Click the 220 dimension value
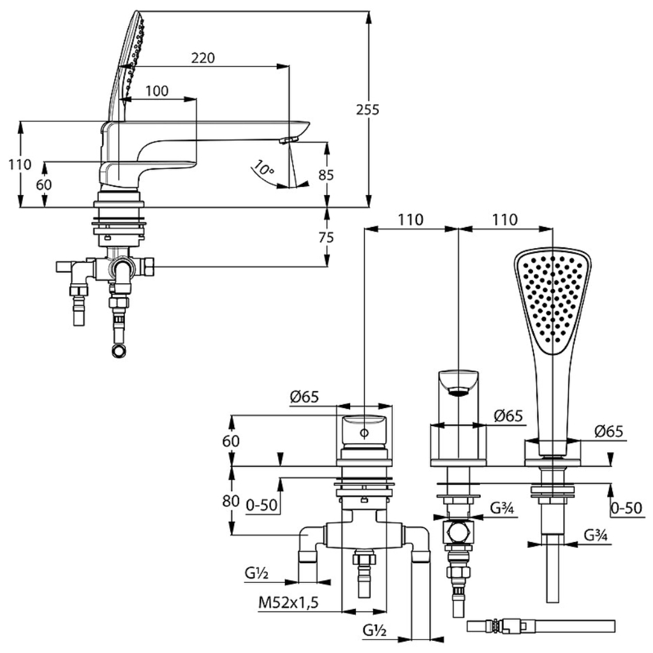point(203,58)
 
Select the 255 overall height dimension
point(368,110)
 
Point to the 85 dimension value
point(326,175)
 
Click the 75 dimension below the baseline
point(326,237)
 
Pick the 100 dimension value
point(157,91)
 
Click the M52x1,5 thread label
point(288,602)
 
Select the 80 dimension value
point(231,501)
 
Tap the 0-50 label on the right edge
point(626,508)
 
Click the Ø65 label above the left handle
point(304,397)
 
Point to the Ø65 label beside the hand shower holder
point(609,431)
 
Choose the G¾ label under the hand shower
point(596,535)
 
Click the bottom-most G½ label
point(374,631)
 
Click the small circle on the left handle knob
point(364,433)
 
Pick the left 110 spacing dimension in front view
point(411,220)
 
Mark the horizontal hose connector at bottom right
point(541,626)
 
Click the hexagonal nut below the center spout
point(458,532)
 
